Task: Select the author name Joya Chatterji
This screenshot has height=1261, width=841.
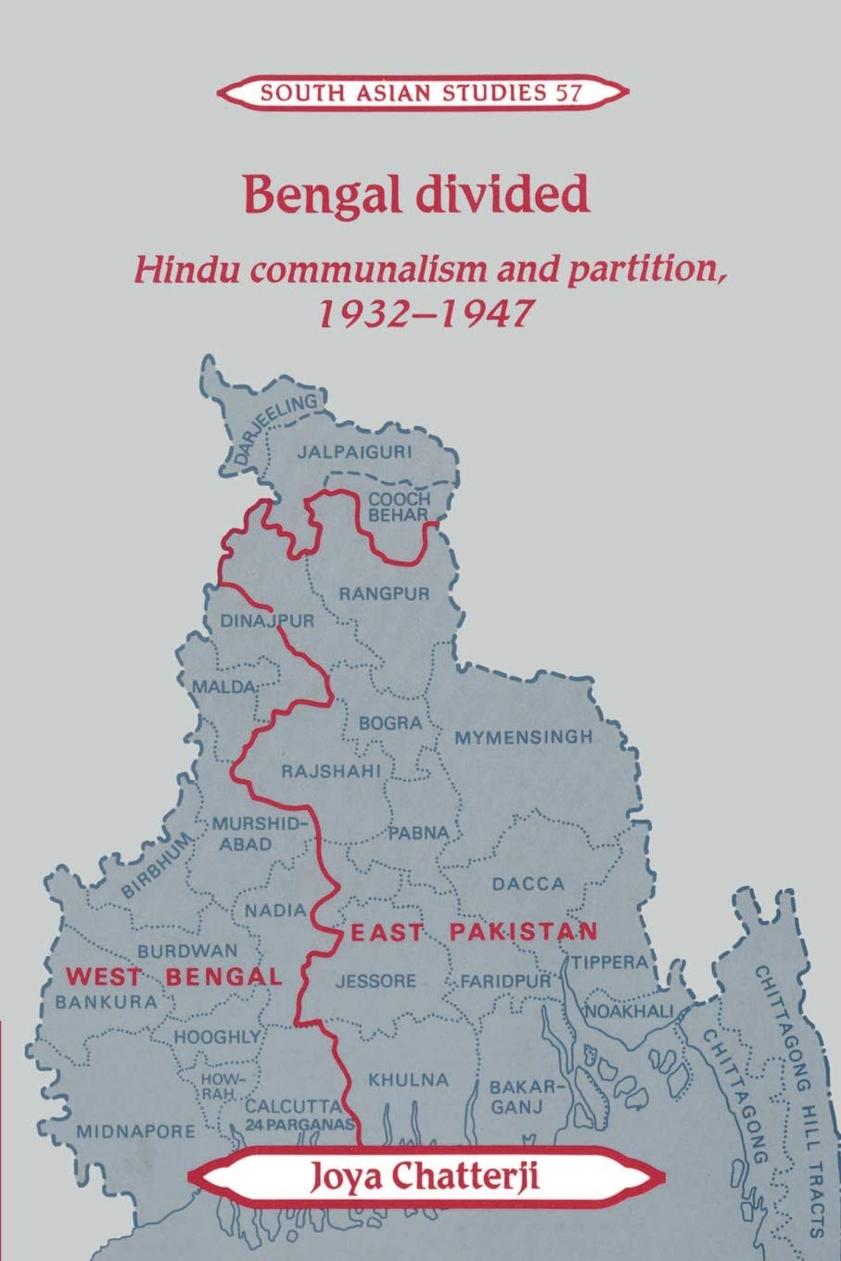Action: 424,1179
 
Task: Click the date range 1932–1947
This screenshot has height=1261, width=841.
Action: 422,313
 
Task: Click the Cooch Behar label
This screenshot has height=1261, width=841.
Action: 399,506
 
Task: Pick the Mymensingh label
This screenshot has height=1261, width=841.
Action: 523,738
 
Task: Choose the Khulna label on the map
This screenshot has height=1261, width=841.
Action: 408,1079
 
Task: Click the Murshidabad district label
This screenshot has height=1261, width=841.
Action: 245,833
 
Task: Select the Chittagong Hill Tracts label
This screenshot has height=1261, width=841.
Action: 788,1094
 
